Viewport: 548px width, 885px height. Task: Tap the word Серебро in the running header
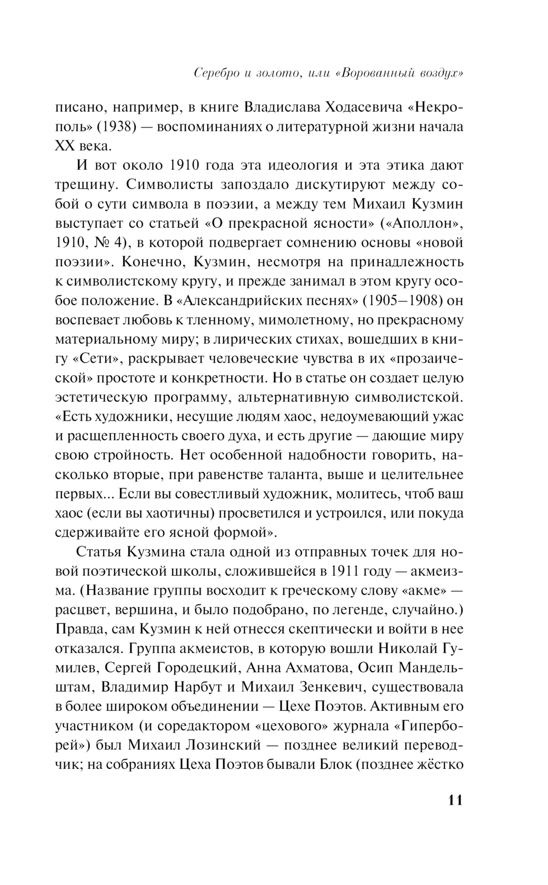(x=221, y=73)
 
